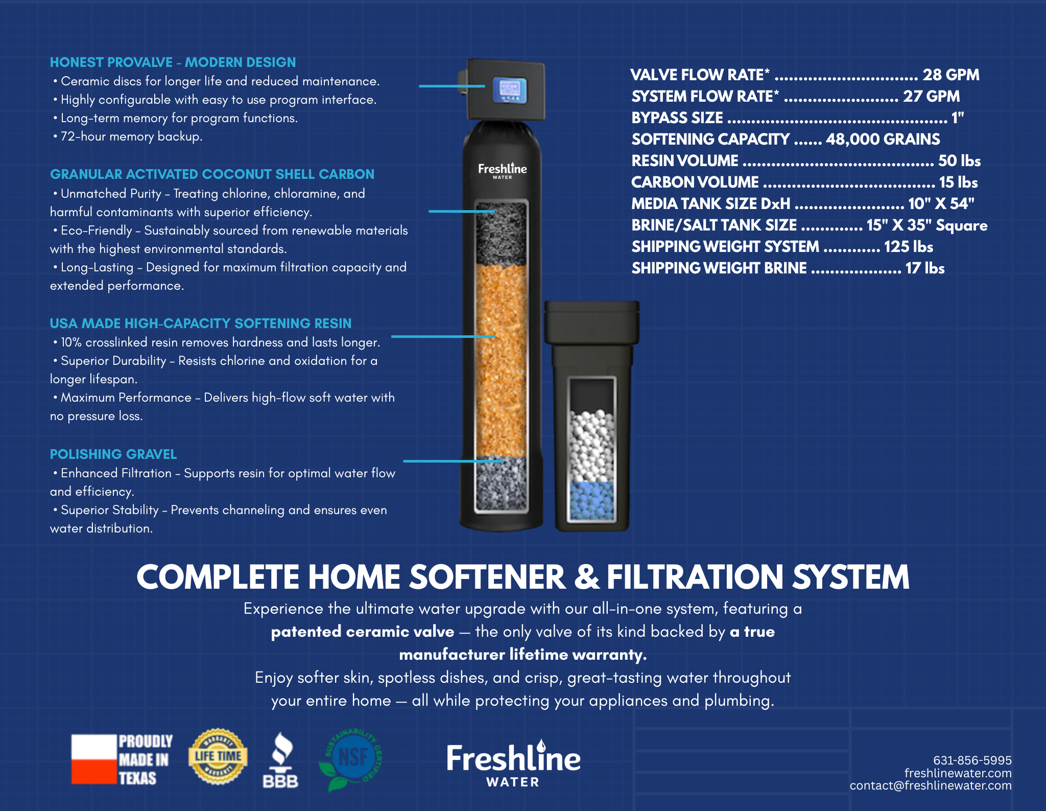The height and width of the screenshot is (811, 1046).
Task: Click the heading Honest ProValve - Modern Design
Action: click(x=173, y=62)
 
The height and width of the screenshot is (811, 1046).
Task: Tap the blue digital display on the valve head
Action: click(x=510, y=90)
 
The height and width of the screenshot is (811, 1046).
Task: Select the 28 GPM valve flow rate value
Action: click(x=950, y=75)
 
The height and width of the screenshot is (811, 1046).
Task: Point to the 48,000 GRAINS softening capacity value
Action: click(x=883, y=140)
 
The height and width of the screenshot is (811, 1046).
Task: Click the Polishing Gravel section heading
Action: click(x=113, y=454)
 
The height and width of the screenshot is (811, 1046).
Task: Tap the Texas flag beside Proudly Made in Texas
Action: click(x=94, y=759)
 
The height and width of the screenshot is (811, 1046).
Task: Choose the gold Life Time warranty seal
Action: click(x=218, y=756)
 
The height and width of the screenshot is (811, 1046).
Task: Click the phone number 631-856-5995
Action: click(x=972, y=760)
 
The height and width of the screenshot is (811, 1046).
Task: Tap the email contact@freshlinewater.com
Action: click(x=930, y=786)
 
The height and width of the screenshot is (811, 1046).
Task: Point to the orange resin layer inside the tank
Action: click(x=501, y=358)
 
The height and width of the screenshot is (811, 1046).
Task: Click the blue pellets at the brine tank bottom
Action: click(x=592, y=501)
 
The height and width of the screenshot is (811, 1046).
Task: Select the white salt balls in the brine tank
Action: click(x=592, y=445)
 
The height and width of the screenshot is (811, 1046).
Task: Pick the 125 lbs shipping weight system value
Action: click(x=908, y=247)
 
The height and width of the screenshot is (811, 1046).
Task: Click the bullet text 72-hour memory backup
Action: click(x=131, y=136)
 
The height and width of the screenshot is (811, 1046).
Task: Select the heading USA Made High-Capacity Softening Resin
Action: click(x=201, y=323)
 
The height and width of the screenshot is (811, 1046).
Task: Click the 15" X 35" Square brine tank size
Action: click(x=926, y=225)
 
